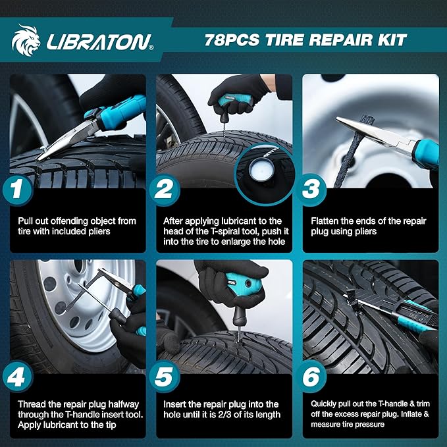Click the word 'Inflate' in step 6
click(x=408, y=415)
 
